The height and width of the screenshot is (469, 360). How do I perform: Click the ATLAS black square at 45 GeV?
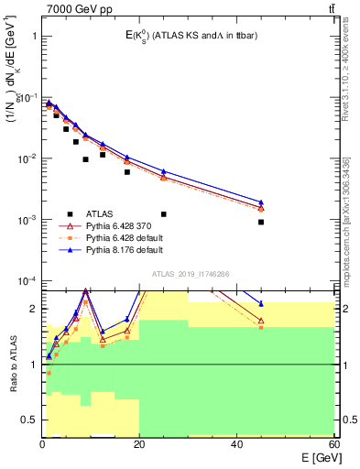[x=261, y=222]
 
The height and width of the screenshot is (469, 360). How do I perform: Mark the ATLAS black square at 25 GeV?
[x=164, y=213]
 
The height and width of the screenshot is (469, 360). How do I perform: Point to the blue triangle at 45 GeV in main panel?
[x=261, y=202]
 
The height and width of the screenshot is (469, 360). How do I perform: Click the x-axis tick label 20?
[x=139, y=444]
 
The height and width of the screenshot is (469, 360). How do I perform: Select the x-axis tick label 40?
[x=237, y=444]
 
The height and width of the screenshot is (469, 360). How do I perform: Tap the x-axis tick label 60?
[x=334, y=444]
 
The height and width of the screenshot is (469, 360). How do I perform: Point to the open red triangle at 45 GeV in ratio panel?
[x=261, y=321]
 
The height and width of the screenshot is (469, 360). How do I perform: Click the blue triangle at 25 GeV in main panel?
[x=164, y=171]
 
